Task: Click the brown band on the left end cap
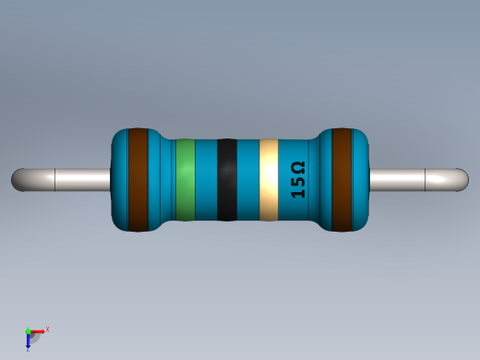(x=138, y=180)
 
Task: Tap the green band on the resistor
(x=186, y=180)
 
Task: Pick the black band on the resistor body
(x=226, y=180)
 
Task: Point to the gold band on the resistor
(x=269, y=180)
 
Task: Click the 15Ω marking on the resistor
(x=297, y=180)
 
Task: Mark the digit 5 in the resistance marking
(x=297, y=183)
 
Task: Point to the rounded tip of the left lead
(x=18, y=179)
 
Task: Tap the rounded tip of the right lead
(x=462, y=179)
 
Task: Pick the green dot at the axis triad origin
(x=28, y=330)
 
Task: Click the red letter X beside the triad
(x=47, y=329)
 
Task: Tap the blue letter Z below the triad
(x=28, y=349)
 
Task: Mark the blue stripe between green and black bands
(x=206, y=180)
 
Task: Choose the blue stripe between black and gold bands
(x=248, y=180)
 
